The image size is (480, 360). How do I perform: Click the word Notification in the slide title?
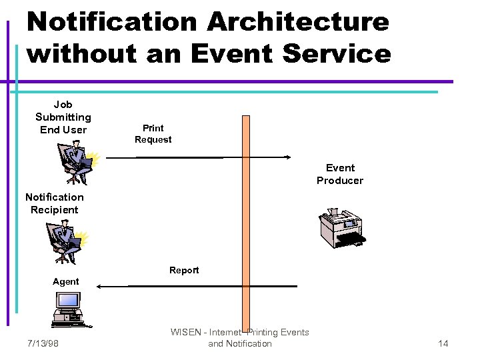tap(111, 21)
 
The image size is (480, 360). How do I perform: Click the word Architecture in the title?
tap(298, 21)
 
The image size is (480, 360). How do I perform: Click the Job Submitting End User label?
tap(63, 117)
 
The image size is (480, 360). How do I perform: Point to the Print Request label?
tap(153, 133)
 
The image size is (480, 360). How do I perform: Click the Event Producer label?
tap(340, 174)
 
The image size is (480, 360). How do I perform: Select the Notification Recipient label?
tap(55, 203)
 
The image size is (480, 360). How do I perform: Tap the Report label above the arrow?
tap(184, 270)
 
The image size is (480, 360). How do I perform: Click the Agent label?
tap(66, 281)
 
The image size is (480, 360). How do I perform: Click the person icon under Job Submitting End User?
tap(77, 164)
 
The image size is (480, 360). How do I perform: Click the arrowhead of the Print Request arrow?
tap(289, 157)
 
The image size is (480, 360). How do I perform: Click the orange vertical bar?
tap(245, 220)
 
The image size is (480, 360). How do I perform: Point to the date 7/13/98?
tap(43, 343)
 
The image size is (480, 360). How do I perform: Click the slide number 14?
tap(443, 343)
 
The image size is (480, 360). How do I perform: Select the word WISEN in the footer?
tap(184, 332)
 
